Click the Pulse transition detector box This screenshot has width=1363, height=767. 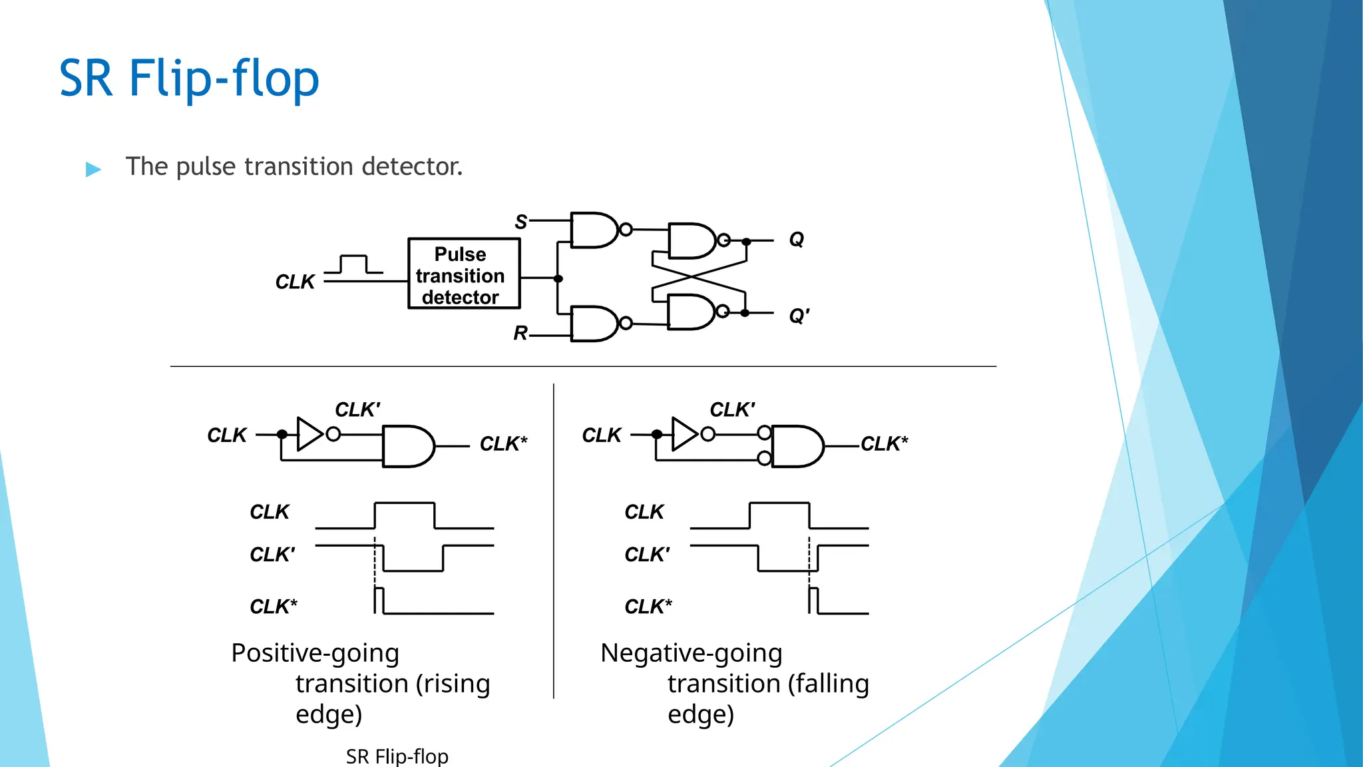tap(464, 274)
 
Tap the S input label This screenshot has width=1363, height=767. tap(520, 222)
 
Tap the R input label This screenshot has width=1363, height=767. tap(520, 332)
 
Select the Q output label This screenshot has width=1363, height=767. tap(796, 239)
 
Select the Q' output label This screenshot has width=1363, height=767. tap(799, 316)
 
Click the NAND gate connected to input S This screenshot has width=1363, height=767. tap(594, 230)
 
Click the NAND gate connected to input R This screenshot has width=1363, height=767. tap(594, 324)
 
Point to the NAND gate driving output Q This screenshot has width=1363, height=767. tap(691, 240)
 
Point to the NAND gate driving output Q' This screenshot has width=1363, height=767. tap(691, 312)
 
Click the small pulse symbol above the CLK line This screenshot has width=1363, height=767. tap(353, 264)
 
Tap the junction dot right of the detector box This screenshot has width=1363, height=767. tap(558, 278)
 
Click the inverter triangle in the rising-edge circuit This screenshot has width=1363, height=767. tap(309, 434)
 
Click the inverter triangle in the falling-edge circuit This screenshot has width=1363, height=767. tap(683, 434)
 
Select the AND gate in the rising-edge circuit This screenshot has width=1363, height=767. tap(407, 446)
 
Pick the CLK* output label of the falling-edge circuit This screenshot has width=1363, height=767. tap(884, 443)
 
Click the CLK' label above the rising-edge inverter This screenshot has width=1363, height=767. tap(357, 409)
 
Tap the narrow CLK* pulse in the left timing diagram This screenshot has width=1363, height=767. tap(379, 600)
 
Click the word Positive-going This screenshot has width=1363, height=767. tap(315, 653)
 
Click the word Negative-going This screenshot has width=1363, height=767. tap(691, 653)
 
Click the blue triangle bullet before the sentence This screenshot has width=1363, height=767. tap(93, 169)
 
